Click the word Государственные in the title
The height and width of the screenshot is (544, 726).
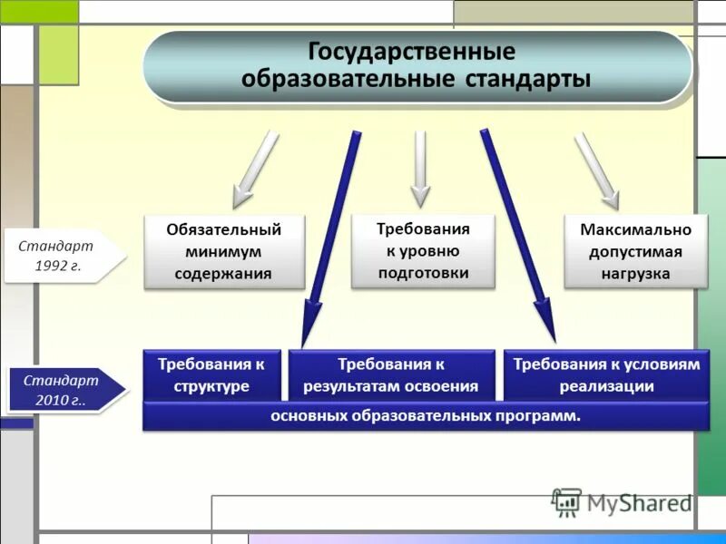(x=412, y=51)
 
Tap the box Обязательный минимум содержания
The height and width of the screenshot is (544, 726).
(x=224, y=252)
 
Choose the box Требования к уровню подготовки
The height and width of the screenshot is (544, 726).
(x=423, y=251)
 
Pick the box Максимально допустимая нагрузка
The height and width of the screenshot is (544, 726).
(x=635, y=252)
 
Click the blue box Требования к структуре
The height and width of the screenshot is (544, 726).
(x=211, y=374)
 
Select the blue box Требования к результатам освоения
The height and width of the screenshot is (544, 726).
(x=391, y=374)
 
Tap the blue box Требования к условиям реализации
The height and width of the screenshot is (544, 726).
(x=606, y=374)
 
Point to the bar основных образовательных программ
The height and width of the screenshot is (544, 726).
(x=426, y=416)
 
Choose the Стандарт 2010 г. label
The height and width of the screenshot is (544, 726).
(x=64, y=390)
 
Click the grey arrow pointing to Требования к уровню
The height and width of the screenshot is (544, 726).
(x=419, y=169)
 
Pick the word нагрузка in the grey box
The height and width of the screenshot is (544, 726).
(x=635, y=273)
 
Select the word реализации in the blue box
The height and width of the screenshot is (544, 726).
(x=607, y=385)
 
